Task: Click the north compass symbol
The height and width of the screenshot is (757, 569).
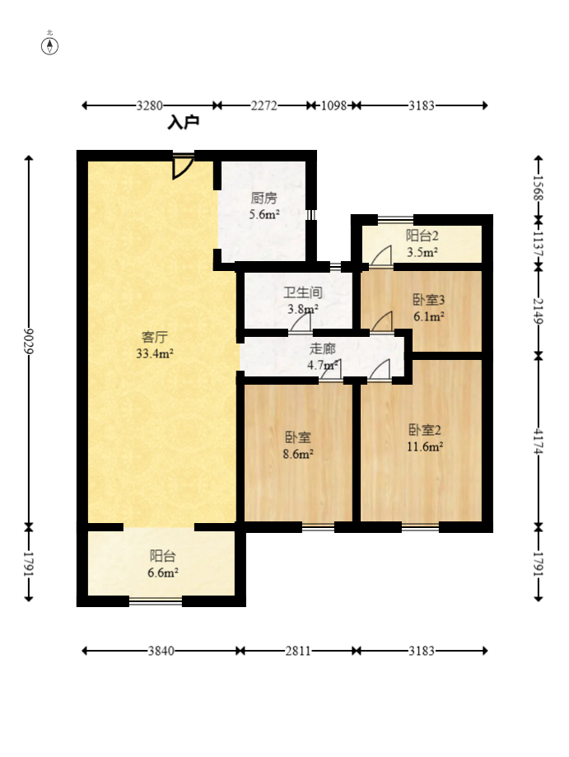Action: pos(49,46)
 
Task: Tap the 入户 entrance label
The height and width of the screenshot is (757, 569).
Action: pos(184,123)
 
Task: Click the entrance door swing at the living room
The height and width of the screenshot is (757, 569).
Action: pos(183,167)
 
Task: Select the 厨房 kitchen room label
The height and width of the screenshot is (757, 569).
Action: pos(264,198)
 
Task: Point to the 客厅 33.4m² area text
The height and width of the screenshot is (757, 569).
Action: pos(155,353)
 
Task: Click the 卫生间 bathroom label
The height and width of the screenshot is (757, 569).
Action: pos(302,292)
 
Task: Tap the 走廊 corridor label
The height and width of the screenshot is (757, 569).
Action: pos(323,348)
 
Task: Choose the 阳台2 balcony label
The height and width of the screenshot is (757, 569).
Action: pos(422,236)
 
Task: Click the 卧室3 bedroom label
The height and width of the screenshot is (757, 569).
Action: pos(428,300)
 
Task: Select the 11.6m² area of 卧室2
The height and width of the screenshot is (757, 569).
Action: pos(425,446)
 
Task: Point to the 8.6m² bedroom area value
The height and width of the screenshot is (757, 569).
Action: pos(298,454)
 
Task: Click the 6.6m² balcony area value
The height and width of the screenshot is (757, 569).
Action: pos(163,573)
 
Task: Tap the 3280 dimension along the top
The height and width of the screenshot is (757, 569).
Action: pos(150,105)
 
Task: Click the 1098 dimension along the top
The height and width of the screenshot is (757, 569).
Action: pos(334,105)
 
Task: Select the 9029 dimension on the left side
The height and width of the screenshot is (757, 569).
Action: pos(29,341)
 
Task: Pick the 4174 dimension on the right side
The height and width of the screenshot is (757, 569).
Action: pos(539,442)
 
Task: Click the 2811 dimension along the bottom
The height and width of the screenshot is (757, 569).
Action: pos(298,651)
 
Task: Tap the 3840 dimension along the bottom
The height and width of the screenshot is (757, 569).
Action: pos(161,651)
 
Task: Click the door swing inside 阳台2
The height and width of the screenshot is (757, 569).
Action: pos(381,256)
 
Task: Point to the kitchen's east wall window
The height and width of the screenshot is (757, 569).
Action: pos(311,214)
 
